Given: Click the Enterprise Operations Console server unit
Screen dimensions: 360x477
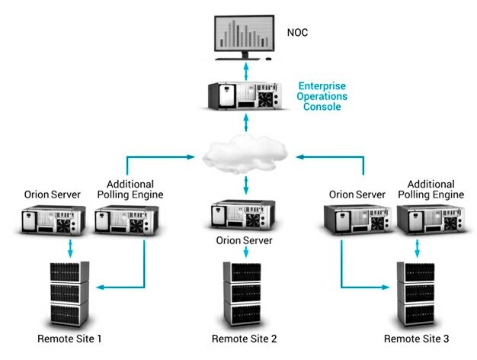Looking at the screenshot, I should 246,95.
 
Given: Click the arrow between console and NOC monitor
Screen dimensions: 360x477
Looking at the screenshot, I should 245,70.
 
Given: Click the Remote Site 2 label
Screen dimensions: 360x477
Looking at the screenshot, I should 245,338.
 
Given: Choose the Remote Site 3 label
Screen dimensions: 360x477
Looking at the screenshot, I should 416,338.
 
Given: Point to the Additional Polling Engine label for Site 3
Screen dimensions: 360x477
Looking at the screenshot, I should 431,190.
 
